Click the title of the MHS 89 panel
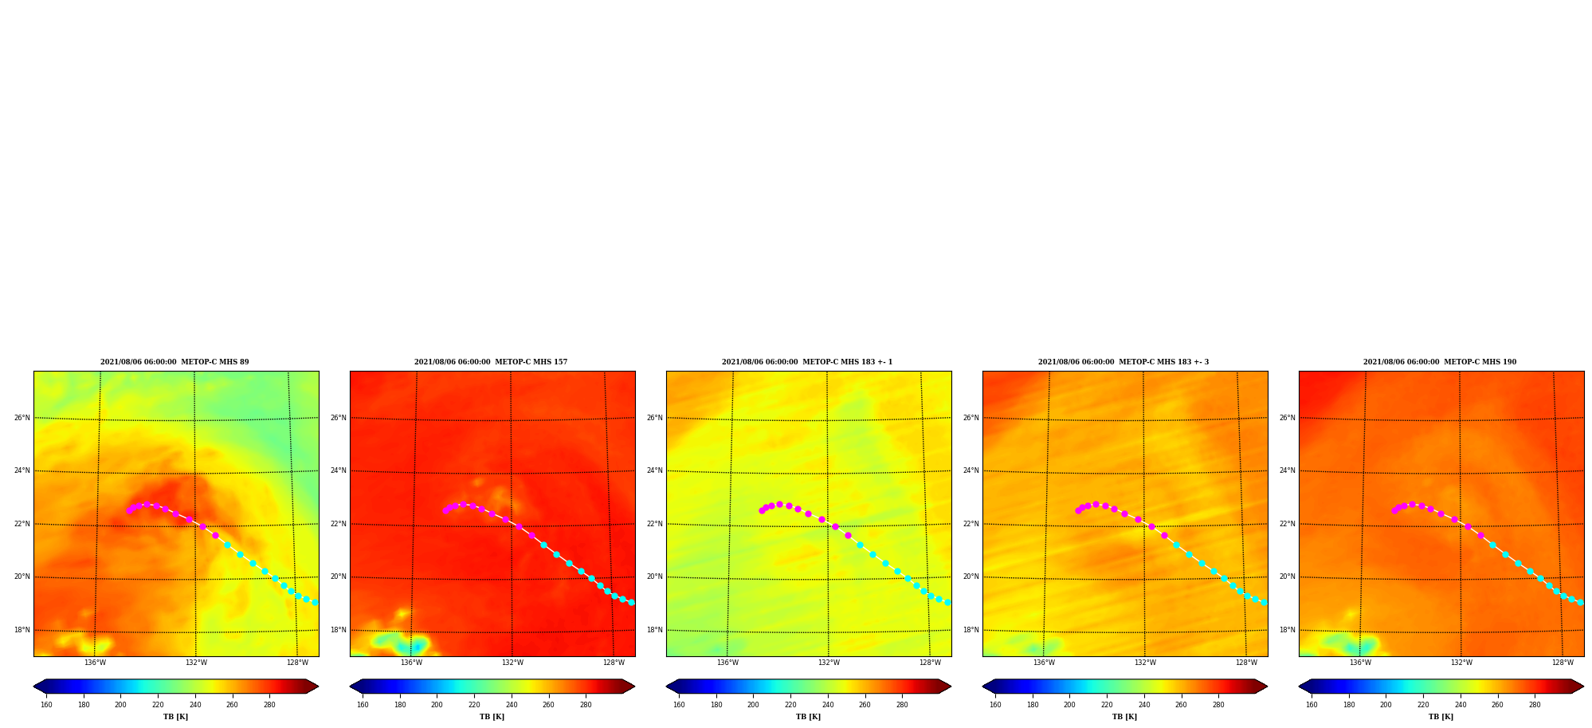click(174, 362)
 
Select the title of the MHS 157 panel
click(491, 362)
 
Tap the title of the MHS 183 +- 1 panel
click(807, 362)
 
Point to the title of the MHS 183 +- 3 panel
click(1123, 362)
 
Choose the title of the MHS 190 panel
click(1440, 362)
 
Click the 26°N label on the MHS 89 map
click(22, 418)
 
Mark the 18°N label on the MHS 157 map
click(338, 630)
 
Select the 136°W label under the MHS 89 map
click(95, 663)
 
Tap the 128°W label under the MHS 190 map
click(1563, 663)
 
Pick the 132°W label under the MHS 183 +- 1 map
click(829, 663)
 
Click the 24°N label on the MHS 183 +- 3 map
click(970, 470)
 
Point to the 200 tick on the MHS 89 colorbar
click(120, 705)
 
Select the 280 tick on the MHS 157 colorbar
click(586, 705)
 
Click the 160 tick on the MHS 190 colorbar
click(1312, 705)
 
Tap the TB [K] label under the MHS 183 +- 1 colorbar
click(808, 717)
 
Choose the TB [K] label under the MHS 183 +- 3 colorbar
click(1124, 717)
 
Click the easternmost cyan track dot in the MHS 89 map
click(315, 603)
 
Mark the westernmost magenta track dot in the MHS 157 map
click(445, 510)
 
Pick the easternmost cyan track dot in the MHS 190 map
click(1580, 603)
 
